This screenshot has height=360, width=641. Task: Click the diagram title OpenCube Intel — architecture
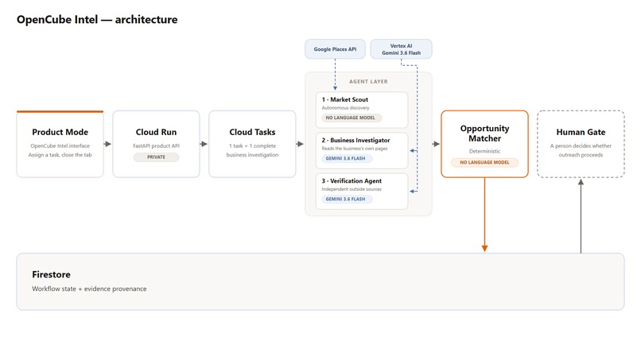click(97, 20)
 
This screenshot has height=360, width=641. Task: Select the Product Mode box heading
click(60, 132)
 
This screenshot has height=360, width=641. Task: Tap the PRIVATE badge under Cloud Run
click(156, 157)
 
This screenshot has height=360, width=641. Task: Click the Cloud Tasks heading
click(252, 132)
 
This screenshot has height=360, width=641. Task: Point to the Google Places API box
click(335, 49)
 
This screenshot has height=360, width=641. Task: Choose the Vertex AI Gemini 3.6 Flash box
click(401, 49)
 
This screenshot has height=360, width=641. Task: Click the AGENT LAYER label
click(368, 82)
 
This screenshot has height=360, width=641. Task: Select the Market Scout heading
click(345, 99)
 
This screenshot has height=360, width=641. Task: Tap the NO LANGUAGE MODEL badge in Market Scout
click(351, 118)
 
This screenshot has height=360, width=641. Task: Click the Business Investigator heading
click(355, 140)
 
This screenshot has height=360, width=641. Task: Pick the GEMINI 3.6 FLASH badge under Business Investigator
click(346, 159)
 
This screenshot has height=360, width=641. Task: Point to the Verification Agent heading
click(352, 180)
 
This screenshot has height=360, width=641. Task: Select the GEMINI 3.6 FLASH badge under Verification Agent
click(346, 199)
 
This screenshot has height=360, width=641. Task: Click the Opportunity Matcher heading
click(485, 134)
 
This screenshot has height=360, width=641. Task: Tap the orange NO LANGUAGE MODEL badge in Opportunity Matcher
click(485, 162)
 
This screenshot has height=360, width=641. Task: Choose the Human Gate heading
click(581, 132)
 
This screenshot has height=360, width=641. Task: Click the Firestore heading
click(51, 275)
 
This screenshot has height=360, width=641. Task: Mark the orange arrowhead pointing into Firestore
click(485, 249)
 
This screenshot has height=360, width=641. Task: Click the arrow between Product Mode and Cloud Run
click(107, 144)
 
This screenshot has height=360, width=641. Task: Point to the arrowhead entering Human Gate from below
click(581, 182)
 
